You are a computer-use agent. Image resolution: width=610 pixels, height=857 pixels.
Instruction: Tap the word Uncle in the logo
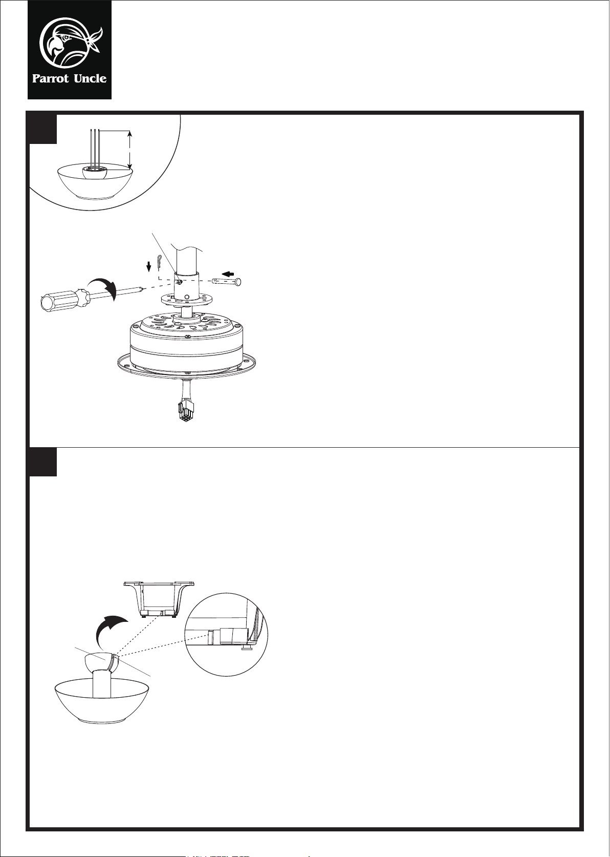90,78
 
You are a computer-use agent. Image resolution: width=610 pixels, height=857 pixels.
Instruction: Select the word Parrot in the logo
51,79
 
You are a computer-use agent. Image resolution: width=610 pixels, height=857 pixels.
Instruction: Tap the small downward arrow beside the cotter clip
149,266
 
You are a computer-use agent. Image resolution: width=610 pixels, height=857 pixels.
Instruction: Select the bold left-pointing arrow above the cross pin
229,274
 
